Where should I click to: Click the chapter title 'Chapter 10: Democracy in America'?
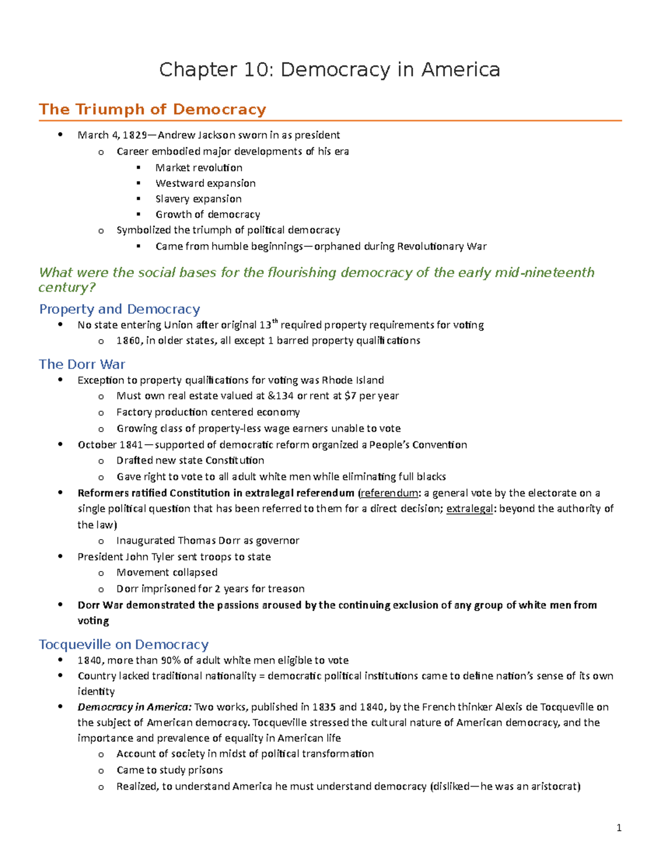tap(329, 70)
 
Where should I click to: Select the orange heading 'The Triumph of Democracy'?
tap(153, 109)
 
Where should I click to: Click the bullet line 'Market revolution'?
tap(198, 168)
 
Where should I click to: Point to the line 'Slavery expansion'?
tap(198, 199)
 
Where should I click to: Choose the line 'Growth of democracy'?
tap(208, 214)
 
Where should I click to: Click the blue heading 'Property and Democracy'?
tap(120, 309)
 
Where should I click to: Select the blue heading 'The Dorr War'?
tap(82, 364)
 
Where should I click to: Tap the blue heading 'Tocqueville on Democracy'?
tap(124, 644)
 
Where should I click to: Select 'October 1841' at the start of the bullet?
tap(110, 445)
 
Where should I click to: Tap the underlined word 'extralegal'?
tap(469, 509)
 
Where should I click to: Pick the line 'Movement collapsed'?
tap(167, 573)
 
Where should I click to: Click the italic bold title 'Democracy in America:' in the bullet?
tap(134, 707)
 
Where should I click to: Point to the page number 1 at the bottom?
tap(619, 827)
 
